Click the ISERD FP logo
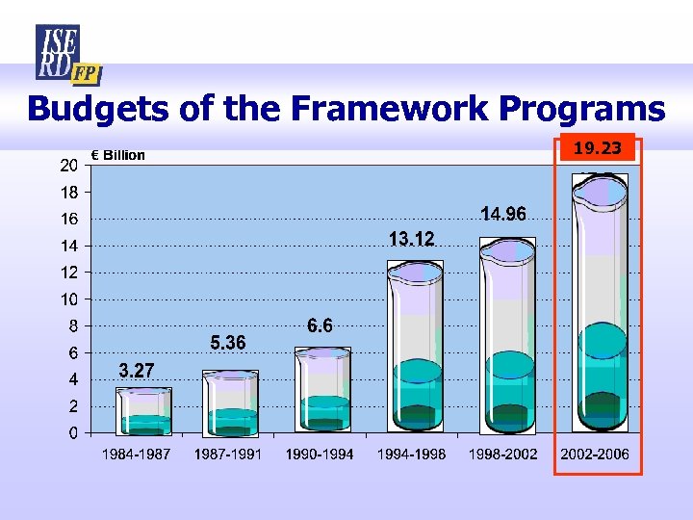coord(66,54)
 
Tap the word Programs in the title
coord(584,108)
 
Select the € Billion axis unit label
coord(118,155)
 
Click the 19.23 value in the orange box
coord(597,148)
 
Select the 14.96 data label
coord(502,215)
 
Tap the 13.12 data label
coord(411,239)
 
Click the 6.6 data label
coord(320,326)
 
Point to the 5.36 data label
coord(228,343)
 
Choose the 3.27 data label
coord(137,370)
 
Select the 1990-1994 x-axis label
coord(320,454)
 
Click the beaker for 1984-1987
coord(143,411)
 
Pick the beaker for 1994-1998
coord(417,347)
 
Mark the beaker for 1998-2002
coord(508,337)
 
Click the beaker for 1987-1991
coord(230,403)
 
